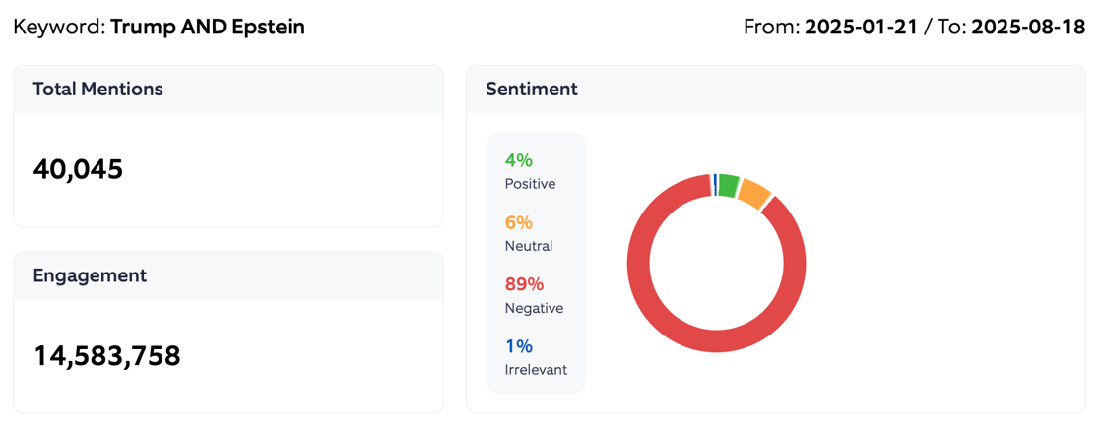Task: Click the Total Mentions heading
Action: point(97,90)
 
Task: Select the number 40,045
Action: point(78,169)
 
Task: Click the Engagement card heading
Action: point(90,276)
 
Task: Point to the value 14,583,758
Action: point(107,355)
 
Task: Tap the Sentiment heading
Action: point(531,90)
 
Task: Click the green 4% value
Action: point(518,160)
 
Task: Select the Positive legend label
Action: point(530,184)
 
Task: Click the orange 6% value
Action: point(518,222)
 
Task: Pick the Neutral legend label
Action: point(528,246)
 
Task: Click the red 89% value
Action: point(524,284)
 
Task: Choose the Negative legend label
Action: point(534,308)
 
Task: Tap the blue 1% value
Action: point(518,346)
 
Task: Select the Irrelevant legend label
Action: point(536,370)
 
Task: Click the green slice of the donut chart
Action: point(729,184)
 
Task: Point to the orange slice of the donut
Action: point(754,194)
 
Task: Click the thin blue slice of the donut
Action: point(715,184)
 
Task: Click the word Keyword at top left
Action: point(58,27)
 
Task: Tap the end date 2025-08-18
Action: point(1027,27)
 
